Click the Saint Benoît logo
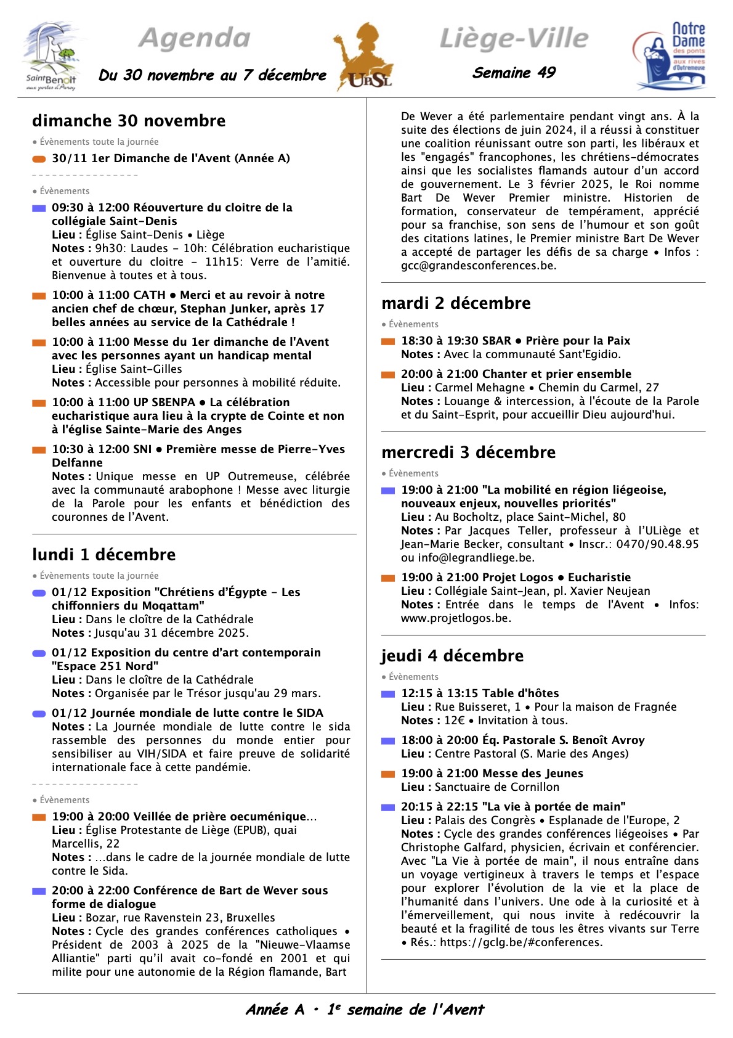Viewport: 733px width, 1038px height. point(52,57)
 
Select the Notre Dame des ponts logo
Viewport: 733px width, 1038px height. point(671,56)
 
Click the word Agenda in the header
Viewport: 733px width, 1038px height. point(195,38)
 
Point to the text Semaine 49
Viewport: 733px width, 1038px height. point(514,73)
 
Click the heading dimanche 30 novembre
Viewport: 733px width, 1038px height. point(129,121)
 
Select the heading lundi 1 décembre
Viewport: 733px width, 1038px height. point(103,555)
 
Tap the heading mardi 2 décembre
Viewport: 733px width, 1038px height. point(456,303)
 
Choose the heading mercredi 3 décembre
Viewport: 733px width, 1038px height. point(468,452)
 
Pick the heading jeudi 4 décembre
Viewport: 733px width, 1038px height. point(452,656)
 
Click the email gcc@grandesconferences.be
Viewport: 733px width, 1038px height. point(478,266)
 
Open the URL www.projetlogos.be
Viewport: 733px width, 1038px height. point(455,618)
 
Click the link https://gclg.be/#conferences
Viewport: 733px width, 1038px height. point(520,942)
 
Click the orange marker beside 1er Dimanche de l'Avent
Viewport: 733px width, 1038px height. point(39,159)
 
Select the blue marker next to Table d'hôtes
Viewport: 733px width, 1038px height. point(388,694)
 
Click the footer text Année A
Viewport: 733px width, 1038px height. point(275,1010)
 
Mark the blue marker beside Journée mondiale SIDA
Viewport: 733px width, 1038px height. point(39,714)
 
